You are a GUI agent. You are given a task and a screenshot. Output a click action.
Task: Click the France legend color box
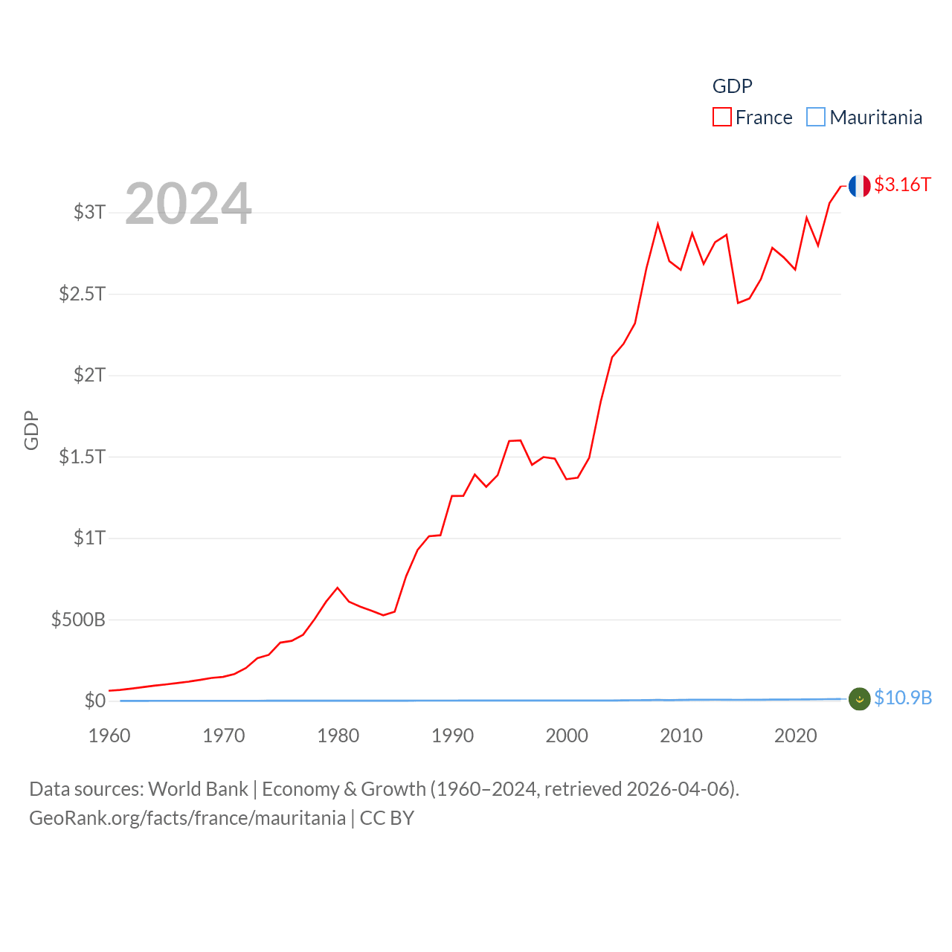click(721, 118)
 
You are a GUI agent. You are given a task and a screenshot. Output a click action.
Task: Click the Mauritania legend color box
click(816, 118)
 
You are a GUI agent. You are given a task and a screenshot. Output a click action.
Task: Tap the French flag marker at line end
click(859, 186)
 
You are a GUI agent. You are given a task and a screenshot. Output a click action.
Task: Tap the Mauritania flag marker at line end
click(859, 698)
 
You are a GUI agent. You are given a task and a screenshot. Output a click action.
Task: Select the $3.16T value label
click(902, 184)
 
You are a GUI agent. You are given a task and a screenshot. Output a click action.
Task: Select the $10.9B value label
click(903, 698)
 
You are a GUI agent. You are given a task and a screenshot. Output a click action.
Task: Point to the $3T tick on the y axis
click(89, 212)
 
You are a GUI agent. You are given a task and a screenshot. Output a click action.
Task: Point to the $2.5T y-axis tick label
click(82, 294)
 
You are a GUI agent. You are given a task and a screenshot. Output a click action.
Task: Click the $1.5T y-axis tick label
click(82, 456)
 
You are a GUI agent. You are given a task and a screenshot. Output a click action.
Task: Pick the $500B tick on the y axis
click(78, 619)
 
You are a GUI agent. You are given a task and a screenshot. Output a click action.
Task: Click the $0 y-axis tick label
click(95, 701)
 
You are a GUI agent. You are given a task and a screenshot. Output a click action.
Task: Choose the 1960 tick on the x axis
click(109, 736)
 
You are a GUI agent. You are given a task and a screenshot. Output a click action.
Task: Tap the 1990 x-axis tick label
click(452, 736)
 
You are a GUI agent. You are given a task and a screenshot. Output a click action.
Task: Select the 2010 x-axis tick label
click(681, 736)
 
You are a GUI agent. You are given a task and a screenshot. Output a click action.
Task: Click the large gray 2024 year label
click(188, 203)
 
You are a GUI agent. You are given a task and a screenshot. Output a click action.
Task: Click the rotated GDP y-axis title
click(31, 430)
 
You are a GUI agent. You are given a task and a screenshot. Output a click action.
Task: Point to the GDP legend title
click(732, 86)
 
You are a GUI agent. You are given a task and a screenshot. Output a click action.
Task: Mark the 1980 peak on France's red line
click(338, 588)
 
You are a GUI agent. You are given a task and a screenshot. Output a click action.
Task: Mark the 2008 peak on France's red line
click(657, 224)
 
